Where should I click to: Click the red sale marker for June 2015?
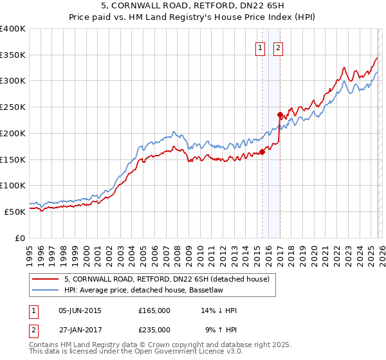[x=262, y=152]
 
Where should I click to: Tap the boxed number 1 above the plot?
[x=260, y=48]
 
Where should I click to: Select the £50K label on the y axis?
[x=15, y=212]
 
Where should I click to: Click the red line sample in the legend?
[x=46, y=278]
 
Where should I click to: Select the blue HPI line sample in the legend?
[x=46, y=290]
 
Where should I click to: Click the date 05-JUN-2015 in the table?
[x=80, y=310]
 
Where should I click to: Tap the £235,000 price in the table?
[x=154, y=329]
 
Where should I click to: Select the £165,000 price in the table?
[x=154, y=310]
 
